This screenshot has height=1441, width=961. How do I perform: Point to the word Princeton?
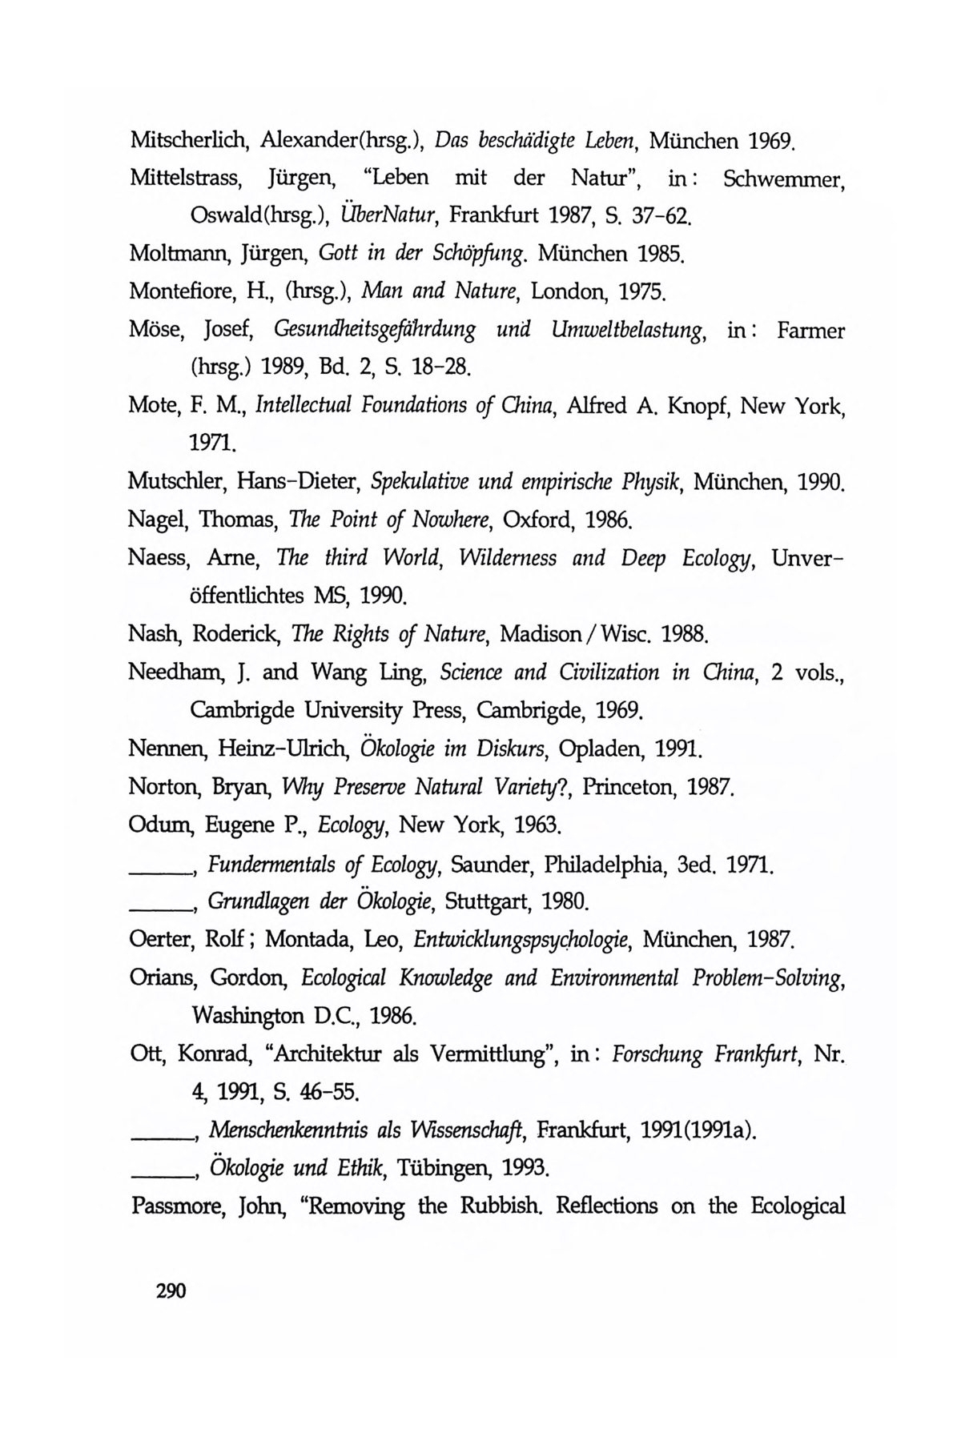pyautogui.click(x=630, y=788)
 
